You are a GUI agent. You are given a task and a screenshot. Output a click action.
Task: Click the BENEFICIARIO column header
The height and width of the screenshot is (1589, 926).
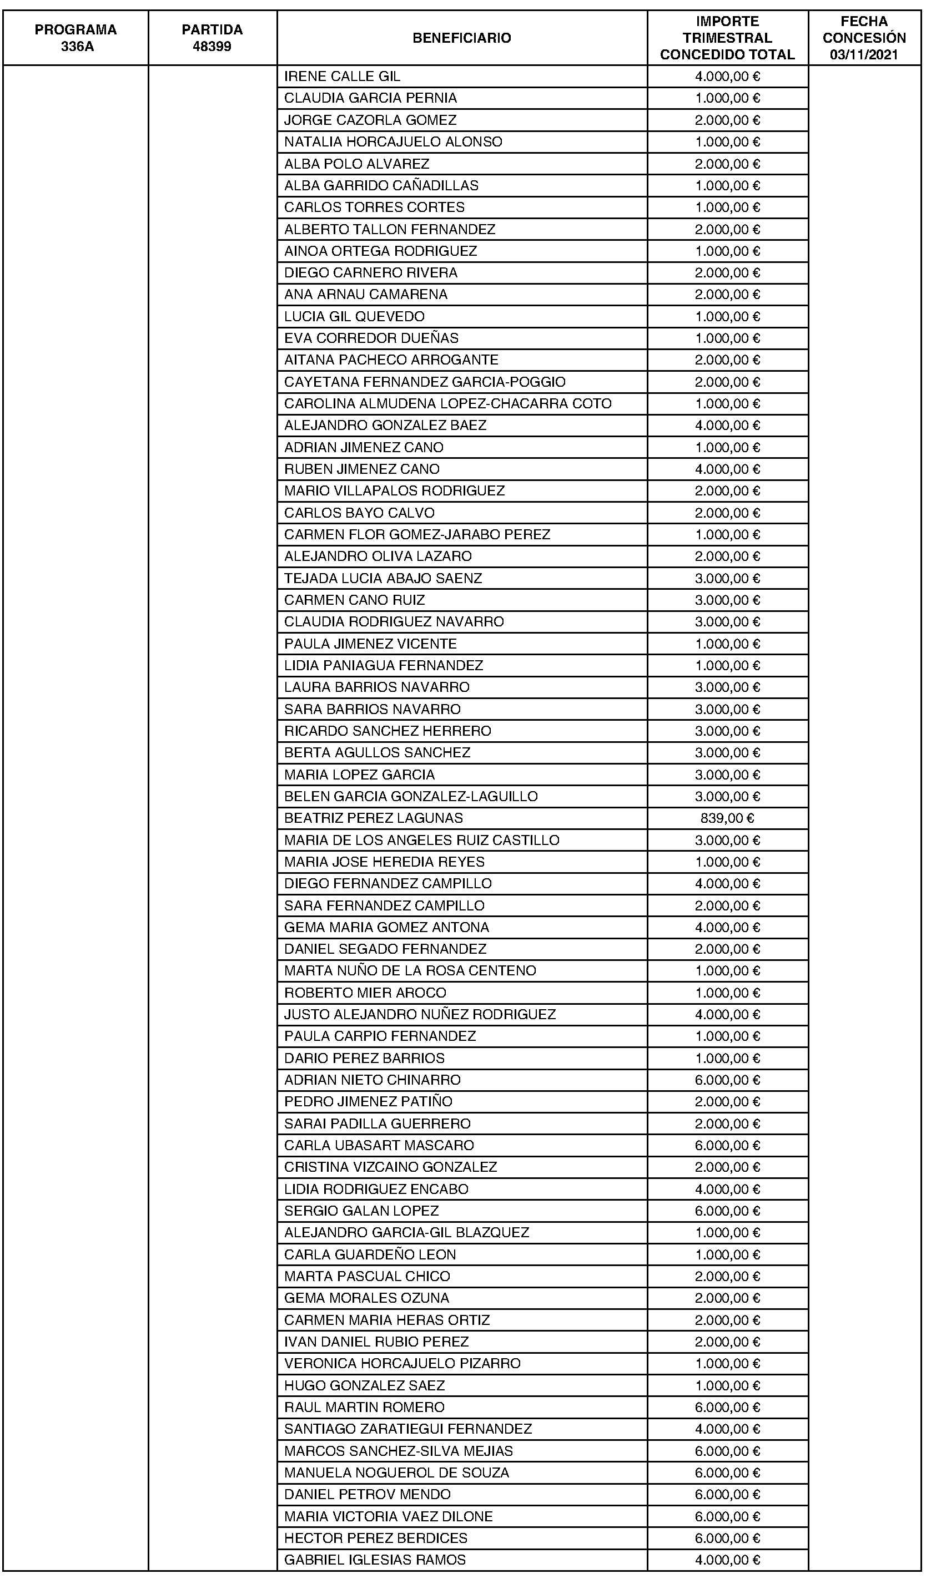click(x=461, y=38)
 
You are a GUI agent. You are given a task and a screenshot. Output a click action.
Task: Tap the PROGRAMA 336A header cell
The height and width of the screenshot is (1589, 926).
click(x=76, y=38)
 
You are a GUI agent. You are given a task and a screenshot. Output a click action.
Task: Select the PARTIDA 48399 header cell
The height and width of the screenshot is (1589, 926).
click(x=212, y=38)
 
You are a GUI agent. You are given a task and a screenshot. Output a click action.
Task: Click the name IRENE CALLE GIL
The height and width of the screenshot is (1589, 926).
click(x=342, y=77)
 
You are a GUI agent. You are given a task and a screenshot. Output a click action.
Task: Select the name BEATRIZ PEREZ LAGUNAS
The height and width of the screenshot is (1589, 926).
click(x=374, y=818)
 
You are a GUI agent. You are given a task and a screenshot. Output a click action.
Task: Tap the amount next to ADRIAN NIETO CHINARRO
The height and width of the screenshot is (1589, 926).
click(x=727, y=1080)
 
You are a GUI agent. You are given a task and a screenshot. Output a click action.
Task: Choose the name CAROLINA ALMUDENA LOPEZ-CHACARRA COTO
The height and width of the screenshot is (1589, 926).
click(x=447, y=403)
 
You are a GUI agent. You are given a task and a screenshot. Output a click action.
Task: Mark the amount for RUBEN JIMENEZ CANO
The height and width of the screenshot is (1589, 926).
click(x=727, y=469)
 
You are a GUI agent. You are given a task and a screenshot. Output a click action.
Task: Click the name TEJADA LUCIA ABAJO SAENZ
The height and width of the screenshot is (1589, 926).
click(x=383, y=578)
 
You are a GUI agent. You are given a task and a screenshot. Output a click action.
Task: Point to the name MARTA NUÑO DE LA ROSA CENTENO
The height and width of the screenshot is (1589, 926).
click(x=410, y=971)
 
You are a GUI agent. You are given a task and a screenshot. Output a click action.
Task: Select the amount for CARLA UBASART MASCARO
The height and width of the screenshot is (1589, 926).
click(x=727, y=1146)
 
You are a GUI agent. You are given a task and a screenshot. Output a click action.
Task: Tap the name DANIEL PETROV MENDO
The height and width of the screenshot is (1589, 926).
click(x=367, y=1495)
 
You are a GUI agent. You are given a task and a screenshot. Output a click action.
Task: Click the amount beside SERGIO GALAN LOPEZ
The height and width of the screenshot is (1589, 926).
click(x=727, y=1211)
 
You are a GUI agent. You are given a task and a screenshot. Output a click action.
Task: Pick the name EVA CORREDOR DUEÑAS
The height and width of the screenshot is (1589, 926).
click(x=371, y=338)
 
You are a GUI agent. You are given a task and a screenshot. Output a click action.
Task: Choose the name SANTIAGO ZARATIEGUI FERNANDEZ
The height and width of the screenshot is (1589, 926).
click(x=407, y=1429)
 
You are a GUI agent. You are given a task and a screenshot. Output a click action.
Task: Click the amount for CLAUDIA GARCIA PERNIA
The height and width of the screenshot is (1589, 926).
click(x=727, y=98)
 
